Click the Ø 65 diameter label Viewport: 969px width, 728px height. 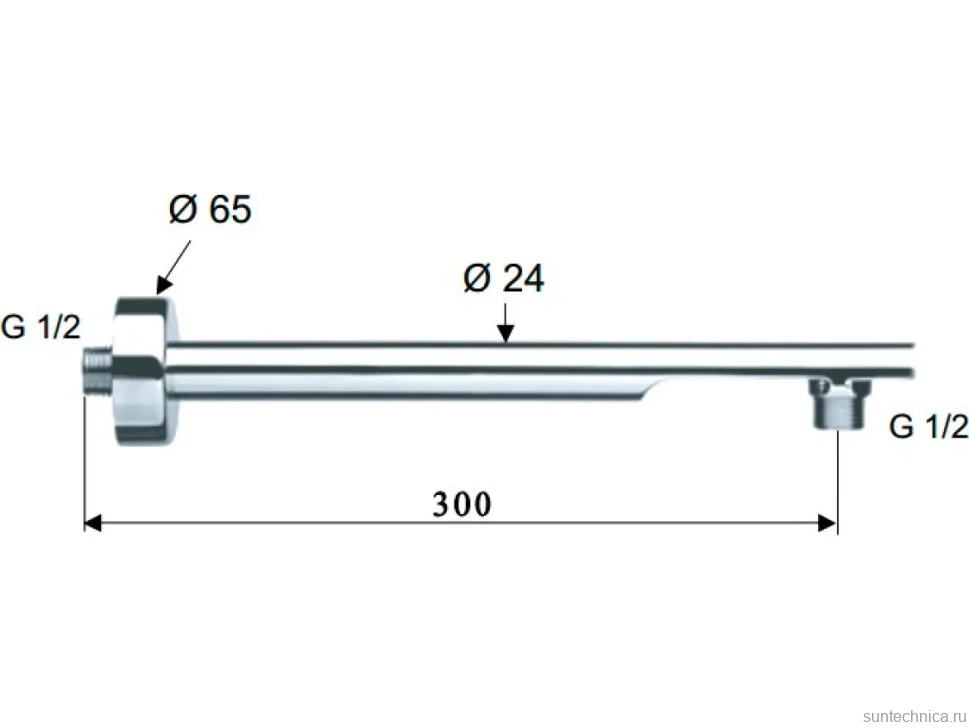(210, 208)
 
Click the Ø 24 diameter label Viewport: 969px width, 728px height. (503, 278)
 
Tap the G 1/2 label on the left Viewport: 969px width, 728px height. (41, 327)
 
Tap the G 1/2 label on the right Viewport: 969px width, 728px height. (928, 427)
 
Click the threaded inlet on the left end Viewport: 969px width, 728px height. (97, 371)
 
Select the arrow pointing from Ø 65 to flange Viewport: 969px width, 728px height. (173, 267)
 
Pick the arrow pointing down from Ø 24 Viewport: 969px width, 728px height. (505, 322)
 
